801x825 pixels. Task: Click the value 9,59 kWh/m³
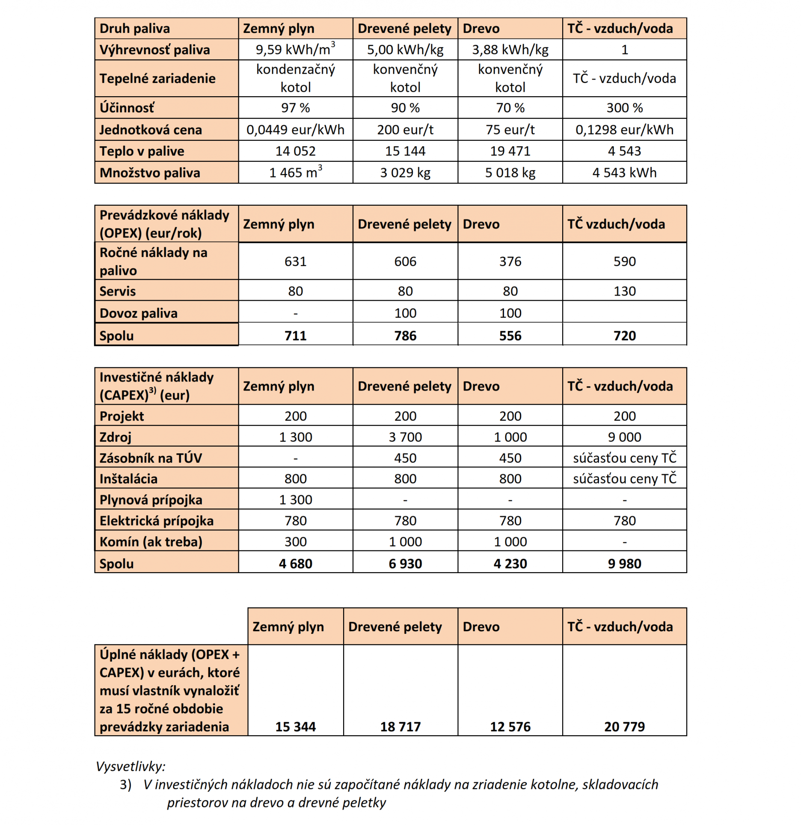(x=295, y=50)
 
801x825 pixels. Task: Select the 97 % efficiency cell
(x=295, y=108)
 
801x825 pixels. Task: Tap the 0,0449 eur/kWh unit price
(x=295, y=130)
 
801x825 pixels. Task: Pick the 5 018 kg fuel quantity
(x=510, y=173)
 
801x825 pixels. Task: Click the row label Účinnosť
(x=127, y=108)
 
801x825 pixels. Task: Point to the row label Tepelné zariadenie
(x=157, y=78)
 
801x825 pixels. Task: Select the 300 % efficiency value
(x=624, y=108)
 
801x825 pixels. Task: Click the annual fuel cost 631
(x=295, y=261)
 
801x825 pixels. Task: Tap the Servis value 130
(x=624, y=291)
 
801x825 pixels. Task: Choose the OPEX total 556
(x=510, y=336)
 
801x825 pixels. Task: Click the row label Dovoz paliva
(x=138, y=313)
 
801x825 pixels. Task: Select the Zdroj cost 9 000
(x=624, y=437)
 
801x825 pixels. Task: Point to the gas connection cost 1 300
(x=295, y=500)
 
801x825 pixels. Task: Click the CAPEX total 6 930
(x=405, y=564)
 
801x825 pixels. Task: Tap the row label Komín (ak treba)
(x=151, y=542)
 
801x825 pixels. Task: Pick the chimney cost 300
(x=295, y=542)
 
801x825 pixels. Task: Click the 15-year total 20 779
(x=624, y=727)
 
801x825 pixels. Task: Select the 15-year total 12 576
(x=510, y=727)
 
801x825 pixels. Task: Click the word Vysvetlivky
(x=131, y=766)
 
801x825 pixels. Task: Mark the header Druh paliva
(x=135, y=29)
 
